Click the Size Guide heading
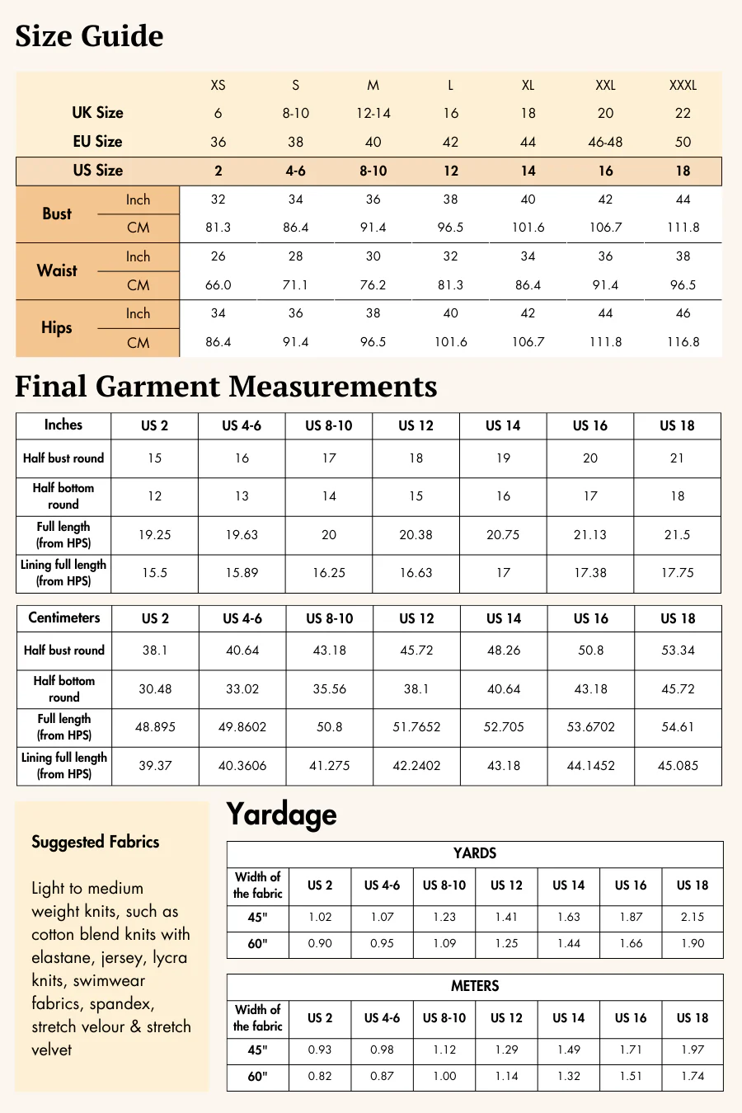click(89, 36)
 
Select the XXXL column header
click(683, 85)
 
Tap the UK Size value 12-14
click(373, 113)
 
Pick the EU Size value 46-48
click(605, 142)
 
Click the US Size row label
click(97, 171)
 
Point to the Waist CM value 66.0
click(218, 285)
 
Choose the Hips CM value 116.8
click(683, 342)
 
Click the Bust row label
click(57, 214)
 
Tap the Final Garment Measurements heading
click(226, 387)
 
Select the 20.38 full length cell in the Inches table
click(416, 535)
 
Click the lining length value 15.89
click(242, 573)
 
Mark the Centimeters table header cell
click(63, 618)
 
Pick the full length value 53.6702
click(590, 727)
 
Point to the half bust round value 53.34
click(678, 650)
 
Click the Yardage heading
click(281, 815)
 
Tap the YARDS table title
click(475, 853)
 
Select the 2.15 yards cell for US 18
click(693, 917)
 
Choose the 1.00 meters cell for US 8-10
click(444, 1076)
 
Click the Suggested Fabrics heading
click(95, 842)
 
